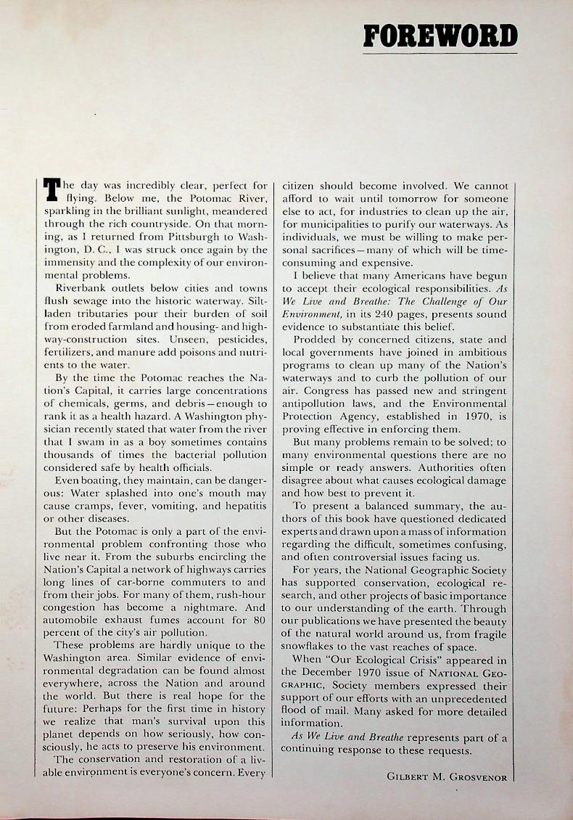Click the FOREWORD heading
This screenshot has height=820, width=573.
pyautogui.click(x=440, y=35)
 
